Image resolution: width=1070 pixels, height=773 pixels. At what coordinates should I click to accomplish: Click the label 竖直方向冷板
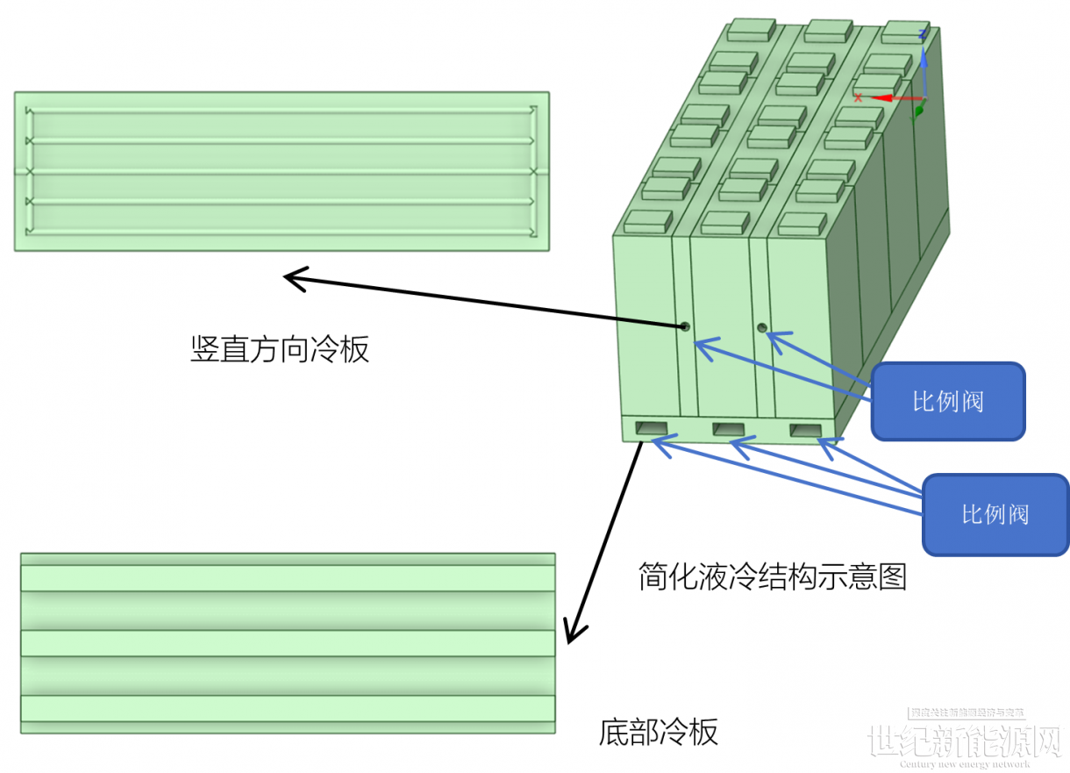[x=280, y=349]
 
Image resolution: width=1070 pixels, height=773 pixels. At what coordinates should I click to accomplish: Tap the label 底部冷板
[x=659, y=731]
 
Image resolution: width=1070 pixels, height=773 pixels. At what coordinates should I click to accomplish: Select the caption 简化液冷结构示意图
[x=772, y=577]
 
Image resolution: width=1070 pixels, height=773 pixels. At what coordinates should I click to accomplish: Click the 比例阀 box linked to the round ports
[x=947, y=401]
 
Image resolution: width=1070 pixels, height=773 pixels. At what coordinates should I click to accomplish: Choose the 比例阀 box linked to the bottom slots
[x=995, y=514]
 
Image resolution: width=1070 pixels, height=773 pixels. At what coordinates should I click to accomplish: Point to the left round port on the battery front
[x=684, y=326]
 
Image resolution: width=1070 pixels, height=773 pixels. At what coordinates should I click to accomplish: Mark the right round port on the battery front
[x=762, y=328]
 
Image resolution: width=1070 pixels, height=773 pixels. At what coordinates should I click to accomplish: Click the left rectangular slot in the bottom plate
[x=652, y=428]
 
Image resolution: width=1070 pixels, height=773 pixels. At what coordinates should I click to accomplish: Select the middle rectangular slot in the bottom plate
[x=728, y=429]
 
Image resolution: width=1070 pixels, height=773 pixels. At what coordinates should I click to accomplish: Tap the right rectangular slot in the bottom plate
[x=804, y=430]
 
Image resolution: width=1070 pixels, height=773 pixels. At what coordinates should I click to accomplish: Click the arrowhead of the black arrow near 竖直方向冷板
[x=292, y=279]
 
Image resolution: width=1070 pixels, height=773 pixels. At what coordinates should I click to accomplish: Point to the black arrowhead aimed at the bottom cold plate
[x=574, y=633]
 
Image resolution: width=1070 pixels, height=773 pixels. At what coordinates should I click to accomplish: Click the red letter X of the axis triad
[x=858, y=97]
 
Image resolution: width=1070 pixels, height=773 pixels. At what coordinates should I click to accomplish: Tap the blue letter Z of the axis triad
[x=922, y=34]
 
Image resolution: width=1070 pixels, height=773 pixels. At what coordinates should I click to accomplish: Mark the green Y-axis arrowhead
[x=919, y=111]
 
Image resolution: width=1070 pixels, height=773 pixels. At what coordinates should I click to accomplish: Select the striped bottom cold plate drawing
[x=288, y=642]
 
